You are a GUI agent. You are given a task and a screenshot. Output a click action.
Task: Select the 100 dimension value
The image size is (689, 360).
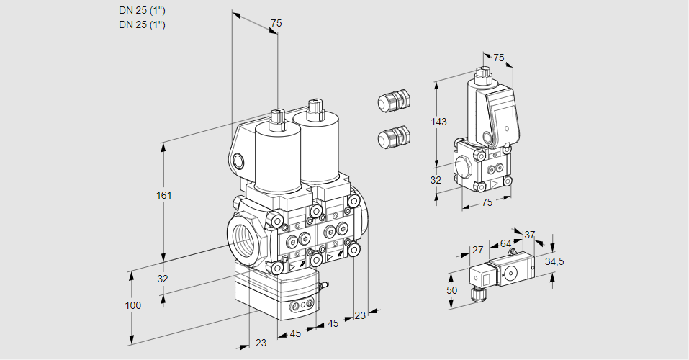pos(132,305)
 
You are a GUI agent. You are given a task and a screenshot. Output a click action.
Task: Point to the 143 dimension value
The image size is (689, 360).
pos(439,122)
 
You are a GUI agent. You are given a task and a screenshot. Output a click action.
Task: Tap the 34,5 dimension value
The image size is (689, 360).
pos(554,261)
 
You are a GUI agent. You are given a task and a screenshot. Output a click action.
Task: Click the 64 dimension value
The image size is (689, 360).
pos(505,243)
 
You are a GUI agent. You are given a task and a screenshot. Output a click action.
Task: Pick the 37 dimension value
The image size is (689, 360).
pos(530,235)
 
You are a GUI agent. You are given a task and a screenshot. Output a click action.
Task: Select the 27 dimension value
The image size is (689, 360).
pos(477,250)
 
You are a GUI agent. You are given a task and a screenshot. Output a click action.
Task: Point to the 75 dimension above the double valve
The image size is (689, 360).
pos(276,24)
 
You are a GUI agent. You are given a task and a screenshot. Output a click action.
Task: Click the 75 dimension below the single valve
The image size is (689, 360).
pos(487,202)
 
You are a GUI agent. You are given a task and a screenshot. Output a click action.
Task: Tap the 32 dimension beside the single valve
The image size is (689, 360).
pos(436,180)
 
